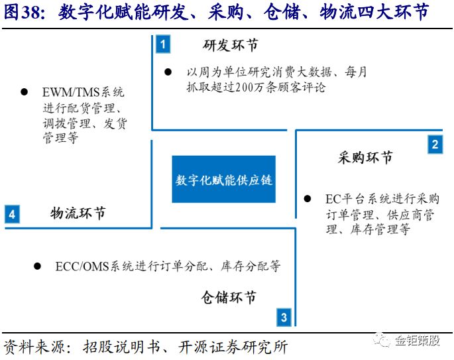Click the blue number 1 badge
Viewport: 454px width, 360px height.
tap(163, 44)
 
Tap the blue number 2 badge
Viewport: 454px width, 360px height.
tap(435, 145)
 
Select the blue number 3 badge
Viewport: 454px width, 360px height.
tap(284, 317)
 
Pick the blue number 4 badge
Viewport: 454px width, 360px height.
tap(12, 214)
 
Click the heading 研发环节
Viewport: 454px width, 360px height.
tap(230, 46)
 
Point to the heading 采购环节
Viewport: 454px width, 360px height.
tap(365, 158)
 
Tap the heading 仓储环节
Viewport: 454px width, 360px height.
tap(229, 297)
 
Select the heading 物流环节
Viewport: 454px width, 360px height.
tap(78, 213)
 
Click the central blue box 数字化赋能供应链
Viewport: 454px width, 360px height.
tap(223, 179)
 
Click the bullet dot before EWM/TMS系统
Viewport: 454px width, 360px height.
tap(25, 92)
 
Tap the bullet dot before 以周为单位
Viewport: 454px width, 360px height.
tap(168, 72)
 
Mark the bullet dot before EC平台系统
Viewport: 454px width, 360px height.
tap(308, 199)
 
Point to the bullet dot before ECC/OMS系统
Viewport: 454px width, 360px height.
tap(37, 266)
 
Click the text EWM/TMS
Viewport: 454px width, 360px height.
tap(71, 92)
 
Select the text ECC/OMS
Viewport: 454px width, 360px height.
tap(82, 267)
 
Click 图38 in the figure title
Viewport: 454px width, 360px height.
tap(23, 13)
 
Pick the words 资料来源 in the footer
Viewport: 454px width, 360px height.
tap(34, 346)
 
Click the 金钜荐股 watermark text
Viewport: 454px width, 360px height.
tap(418, 341)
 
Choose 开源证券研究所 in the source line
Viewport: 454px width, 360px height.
tap(233, 346)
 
